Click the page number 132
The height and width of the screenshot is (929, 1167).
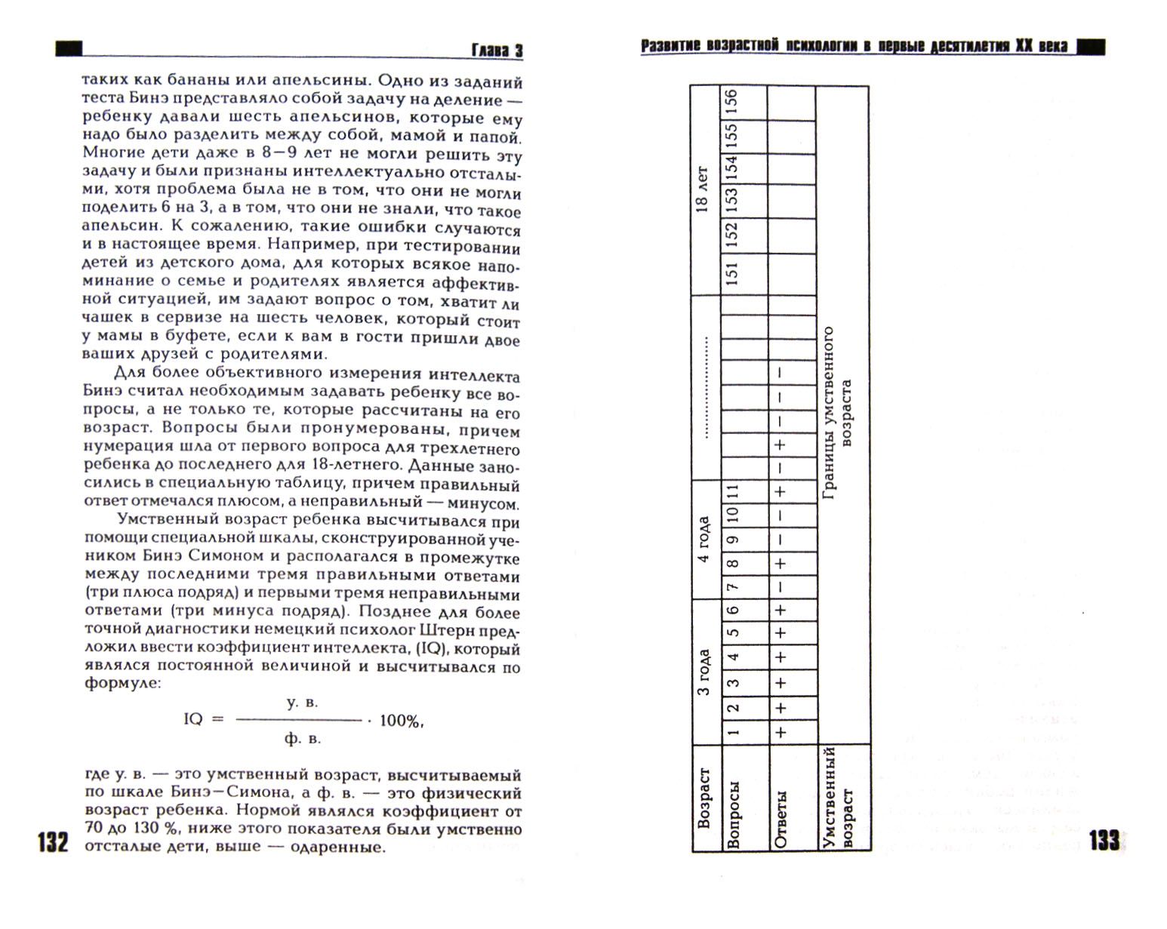(53, 842)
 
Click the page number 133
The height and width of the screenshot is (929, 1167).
(1104, 840)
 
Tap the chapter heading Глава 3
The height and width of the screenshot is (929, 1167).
(497, 51)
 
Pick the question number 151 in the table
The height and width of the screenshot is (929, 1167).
(730, 273)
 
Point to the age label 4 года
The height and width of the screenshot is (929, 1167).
(704, 539)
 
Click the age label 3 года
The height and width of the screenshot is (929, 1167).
(704, 672)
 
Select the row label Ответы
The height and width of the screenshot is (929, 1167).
(780, 819)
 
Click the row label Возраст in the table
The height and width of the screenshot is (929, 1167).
(704, 798)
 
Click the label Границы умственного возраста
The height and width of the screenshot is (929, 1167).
(837, 413)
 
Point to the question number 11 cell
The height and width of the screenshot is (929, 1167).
(730, 492)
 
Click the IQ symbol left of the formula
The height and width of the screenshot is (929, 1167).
(193, 719)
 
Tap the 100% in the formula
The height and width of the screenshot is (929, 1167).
(400, 721)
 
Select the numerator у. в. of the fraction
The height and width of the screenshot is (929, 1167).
(303, 703)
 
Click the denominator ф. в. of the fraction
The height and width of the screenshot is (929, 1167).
(303, 738)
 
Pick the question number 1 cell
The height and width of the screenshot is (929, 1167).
(730, 731)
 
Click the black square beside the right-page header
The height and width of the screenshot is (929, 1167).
(1090, 48)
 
